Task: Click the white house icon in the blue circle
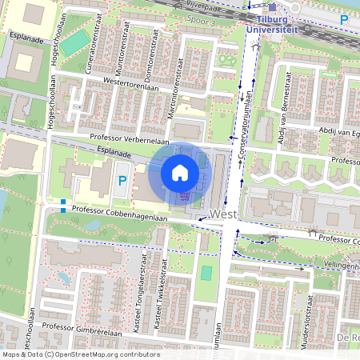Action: click(x=180, y=173)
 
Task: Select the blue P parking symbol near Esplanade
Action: click(x=122, y=182)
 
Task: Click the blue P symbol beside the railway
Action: click(x=344, y=19)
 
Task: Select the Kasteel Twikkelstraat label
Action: click(x=161, y=281)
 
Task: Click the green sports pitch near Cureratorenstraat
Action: click(x=77, y=41)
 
